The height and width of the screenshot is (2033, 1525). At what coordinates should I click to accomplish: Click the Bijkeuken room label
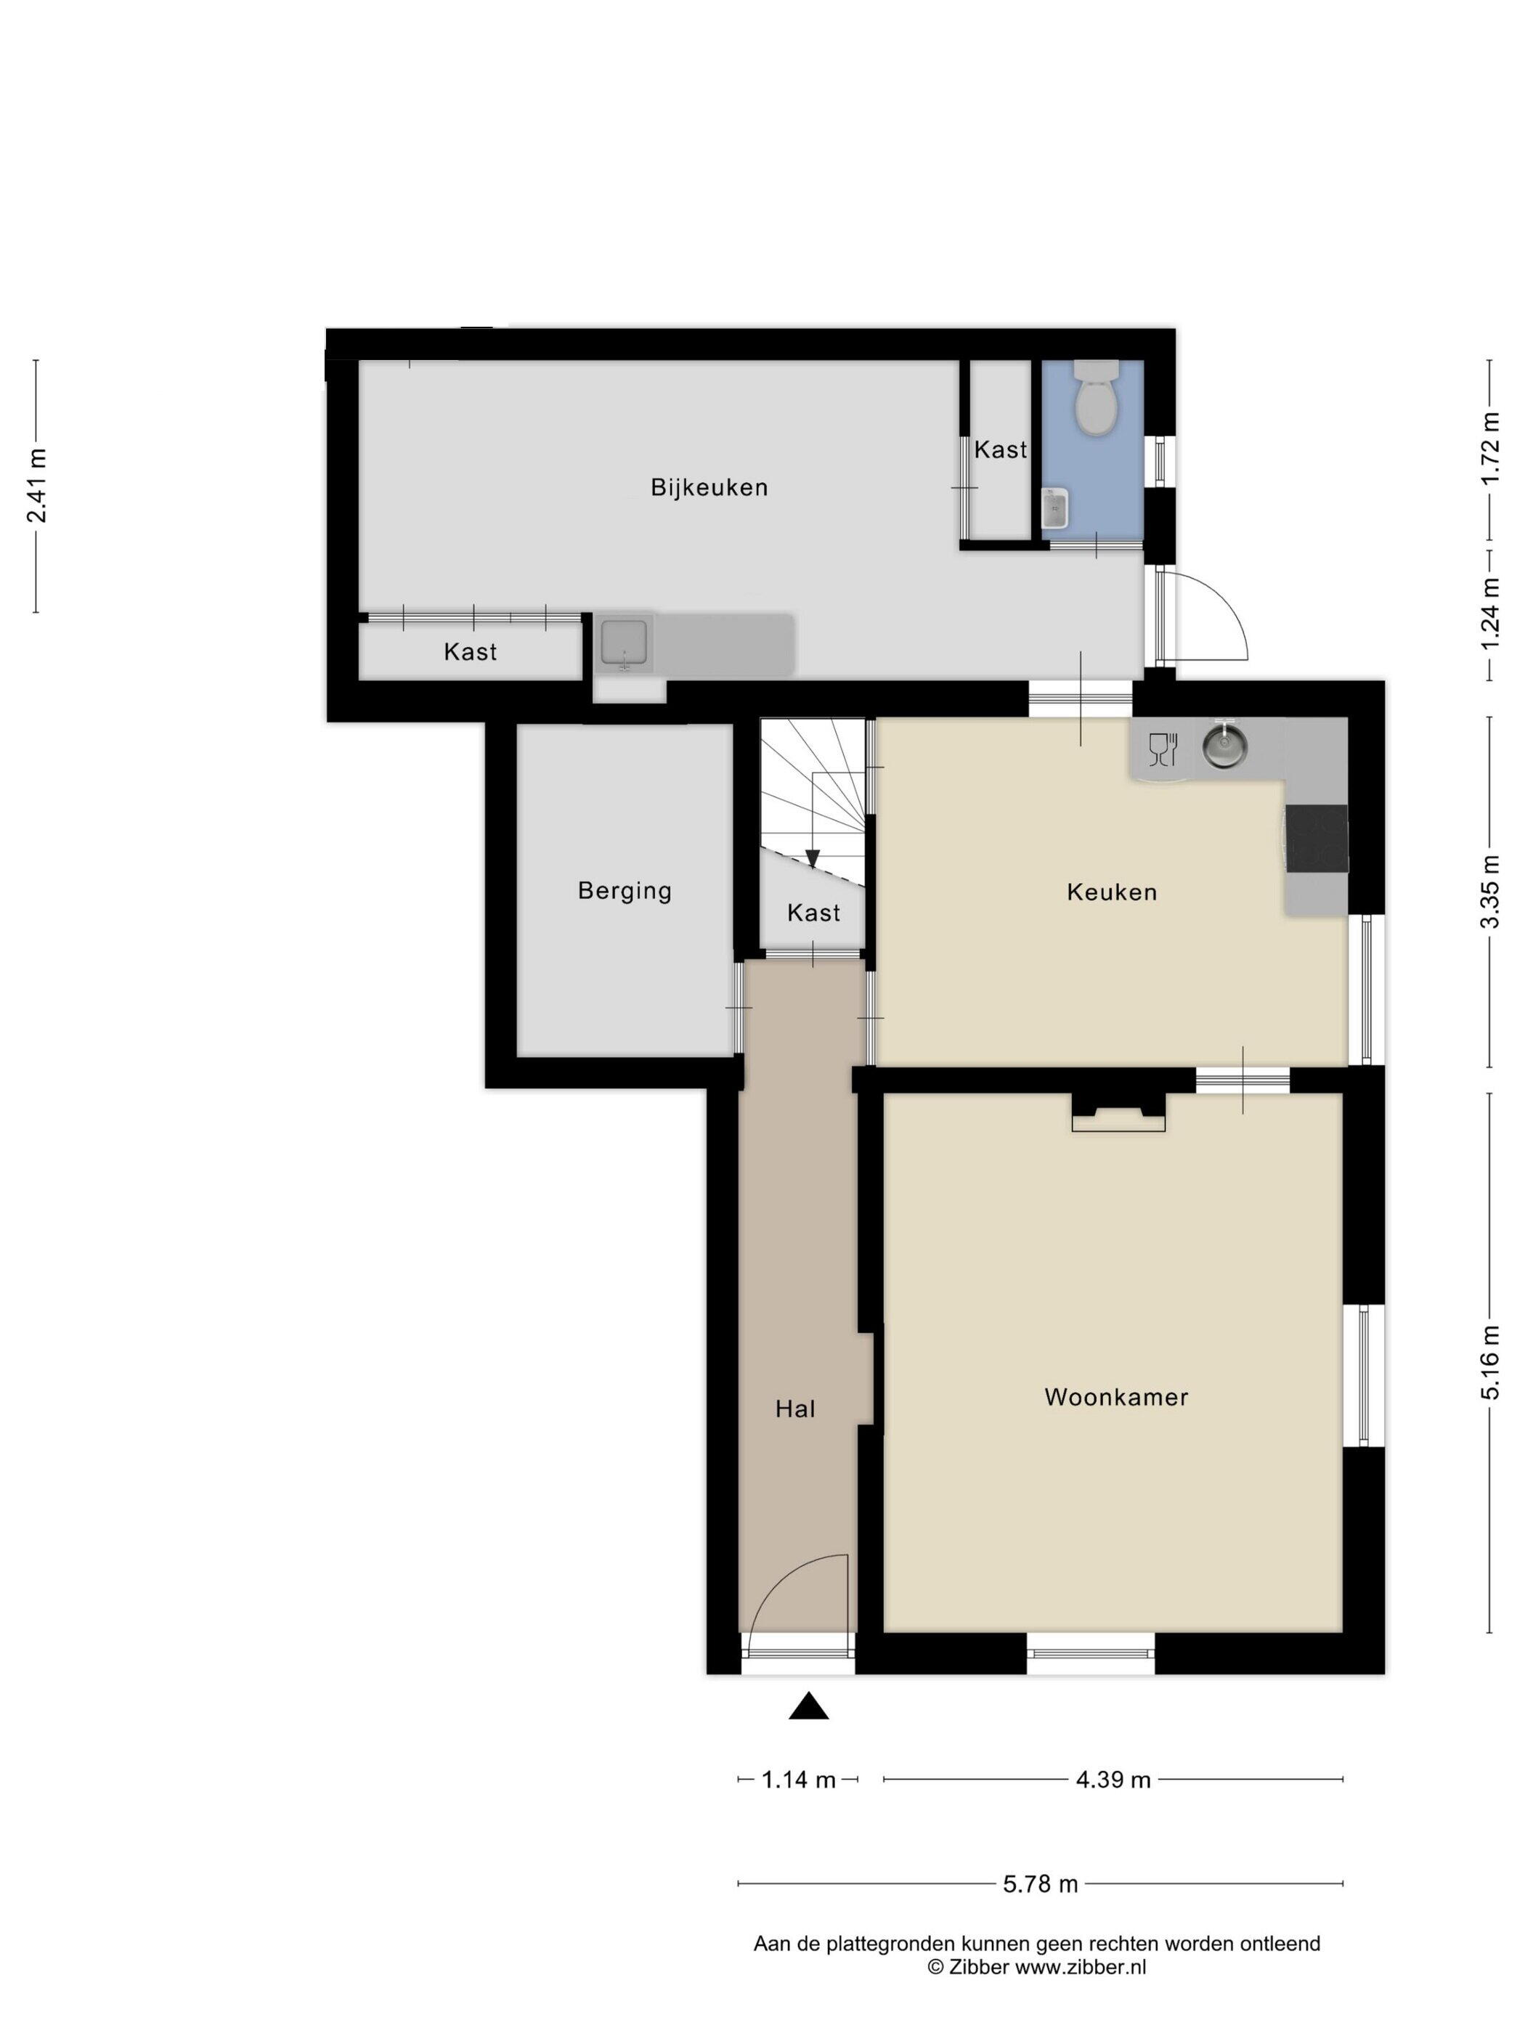pos(709,487)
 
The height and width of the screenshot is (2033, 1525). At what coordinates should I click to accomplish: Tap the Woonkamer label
pos(1116,1397)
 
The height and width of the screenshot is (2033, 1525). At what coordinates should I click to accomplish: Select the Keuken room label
pos(1111,892)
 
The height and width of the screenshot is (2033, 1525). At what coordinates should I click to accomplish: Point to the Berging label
pos(624,891)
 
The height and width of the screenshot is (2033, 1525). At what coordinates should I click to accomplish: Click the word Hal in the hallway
pos(795,1409)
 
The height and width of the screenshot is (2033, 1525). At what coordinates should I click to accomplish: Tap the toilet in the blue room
pos(1096,397)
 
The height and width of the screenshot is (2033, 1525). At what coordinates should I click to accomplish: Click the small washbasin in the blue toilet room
pos(1054,508)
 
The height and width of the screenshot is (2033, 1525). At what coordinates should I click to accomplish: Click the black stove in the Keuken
pos(1317,837)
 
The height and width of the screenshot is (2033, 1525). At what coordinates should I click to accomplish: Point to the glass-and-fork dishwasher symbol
pos(1163,748)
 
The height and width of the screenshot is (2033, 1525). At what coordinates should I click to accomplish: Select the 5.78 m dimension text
pos(1040,1884)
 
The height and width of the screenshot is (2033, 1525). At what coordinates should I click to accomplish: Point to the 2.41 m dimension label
pos(37,486)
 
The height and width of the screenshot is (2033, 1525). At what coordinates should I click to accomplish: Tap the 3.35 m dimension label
pos(1489,892)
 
